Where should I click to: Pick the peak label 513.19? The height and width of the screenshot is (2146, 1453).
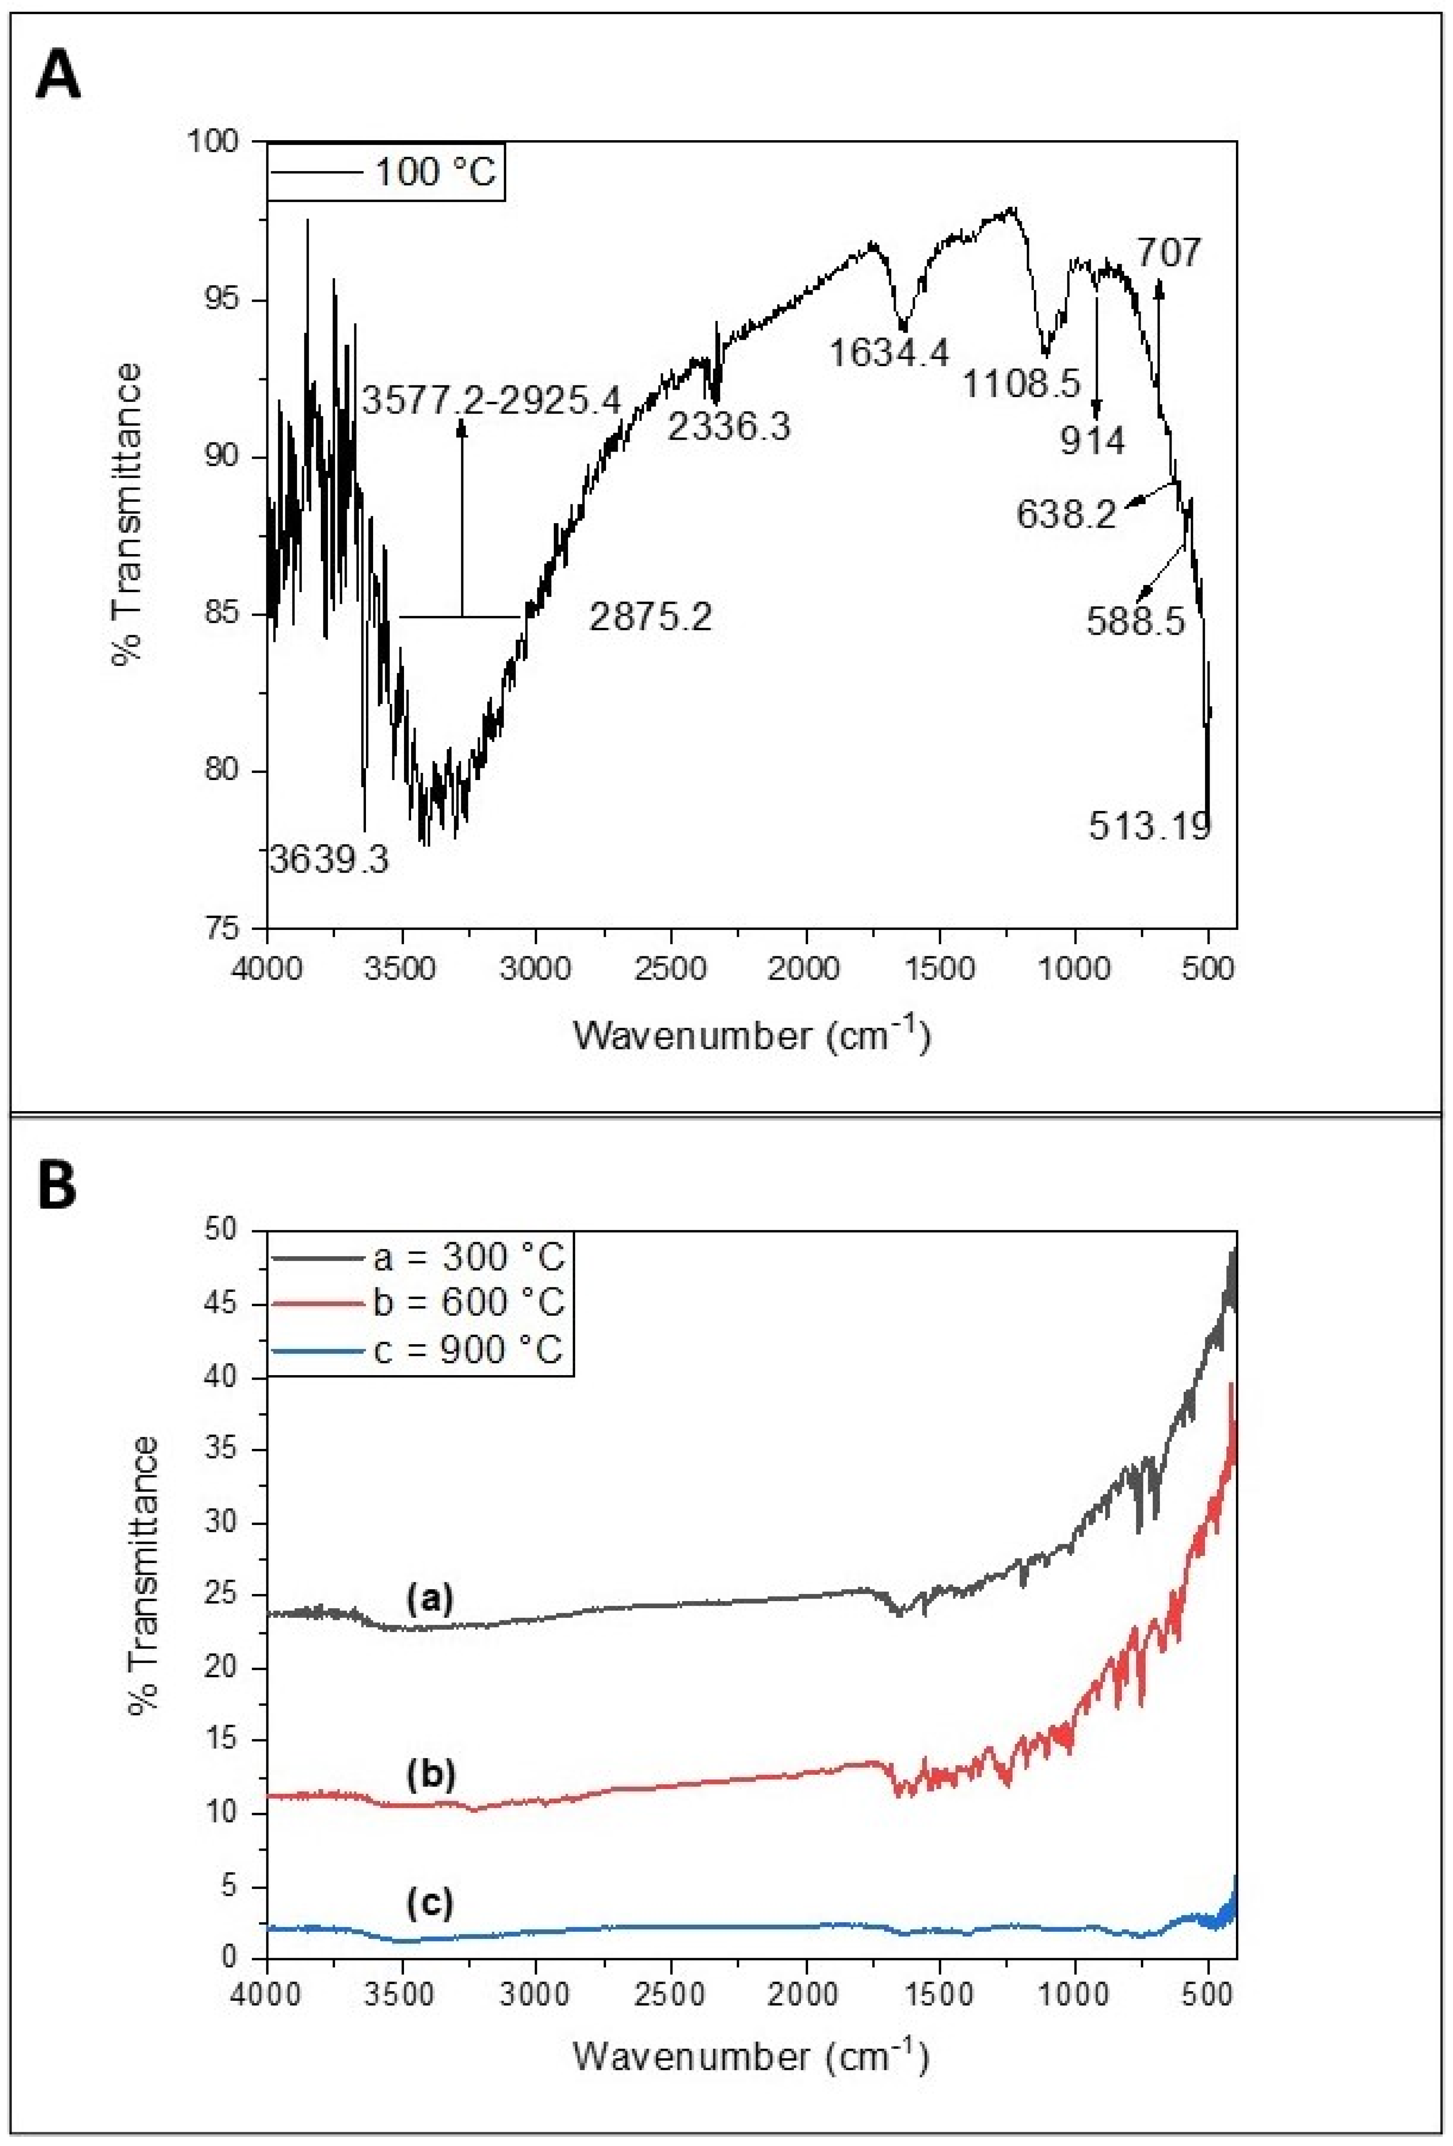[x=1149, y=826]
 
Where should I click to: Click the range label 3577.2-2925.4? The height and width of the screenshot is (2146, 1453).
[x=491, y=401]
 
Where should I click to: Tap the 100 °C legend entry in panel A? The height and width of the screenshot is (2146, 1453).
[x=434, y=172]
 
